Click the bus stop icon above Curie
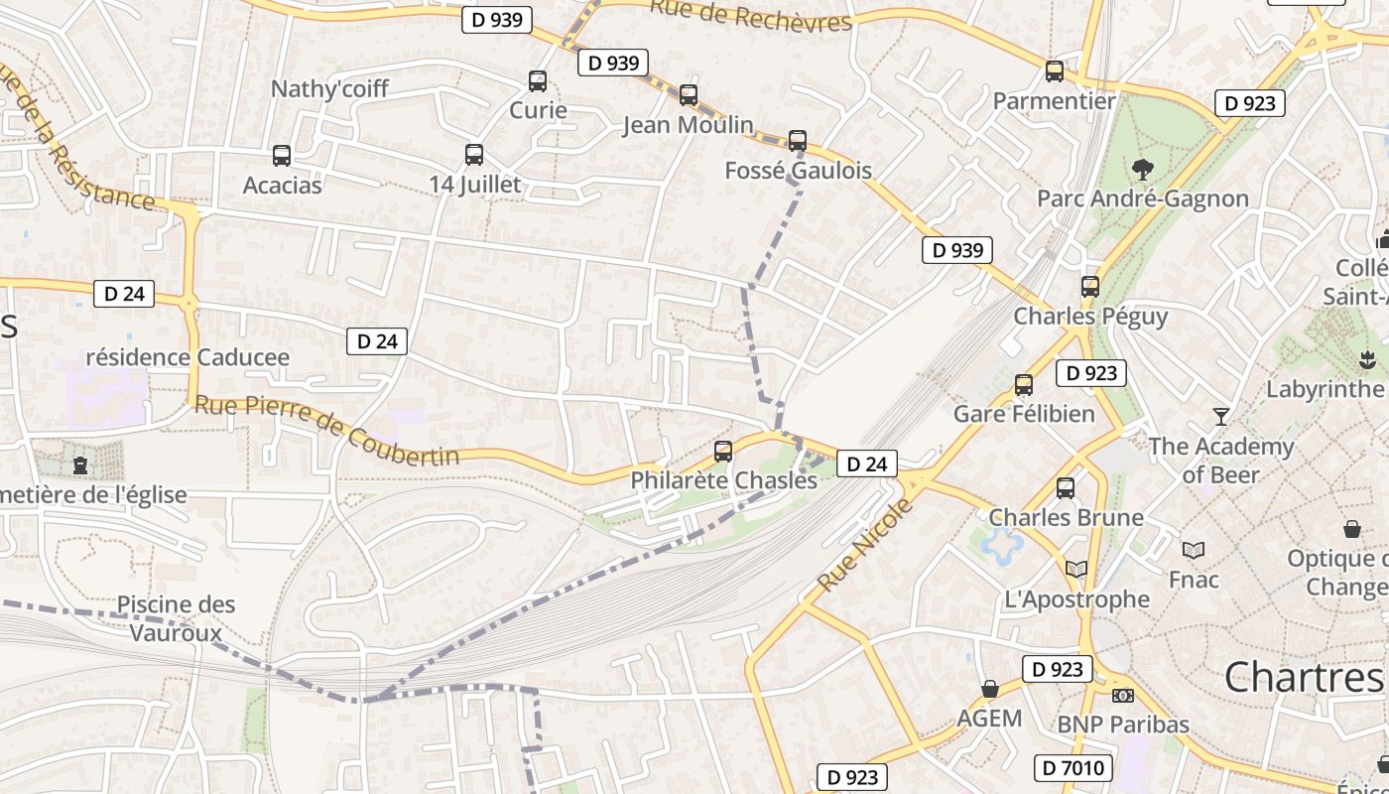coord(538,81)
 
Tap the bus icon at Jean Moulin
coord(689,95)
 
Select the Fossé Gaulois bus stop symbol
coord(798,141)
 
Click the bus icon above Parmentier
coord(1055,71)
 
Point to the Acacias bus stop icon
coord(282,156)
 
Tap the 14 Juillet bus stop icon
coord(474,155)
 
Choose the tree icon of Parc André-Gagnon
coord(1143,170)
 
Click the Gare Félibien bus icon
coord(1024,385)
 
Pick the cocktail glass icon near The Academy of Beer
coord(1221,416)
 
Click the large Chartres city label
coord(1303,677)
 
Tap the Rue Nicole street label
coord(864,546)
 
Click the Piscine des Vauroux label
coord(177,617)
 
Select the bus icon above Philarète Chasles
coord(723,452)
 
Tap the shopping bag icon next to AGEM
coord(989,689)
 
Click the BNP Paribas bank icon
coord(1123,696)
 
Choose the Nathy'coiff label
coord(329,88)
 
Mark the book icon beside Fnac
coord(1194,550)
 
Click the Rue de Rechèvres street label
coord(751,14)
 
